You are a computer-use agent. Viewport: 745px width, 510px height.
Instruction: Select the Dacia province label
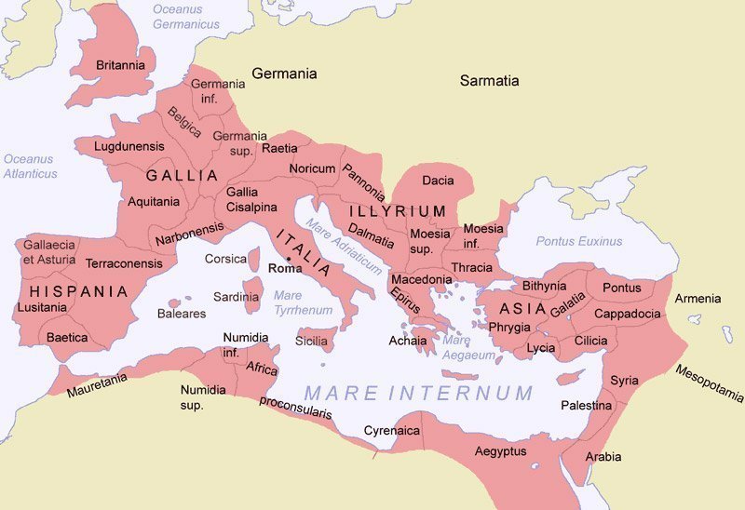click(x=438, y=180)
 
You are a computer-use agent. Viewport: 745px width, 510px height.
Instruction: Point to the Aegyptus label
click(x=500, y=451)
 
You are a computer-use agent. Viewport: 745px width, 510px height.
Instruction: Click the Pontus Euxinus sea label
click(x=578, y=241)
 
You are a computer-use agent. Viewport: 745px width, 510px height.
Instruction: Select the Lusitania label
click(x=42, y=307)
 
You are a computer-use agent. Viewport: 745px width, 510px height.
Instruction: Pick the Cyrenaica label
click(x=391, y=431)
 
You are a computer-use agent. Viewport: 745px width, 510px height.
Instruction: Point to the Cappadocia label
click(x=629, y=314)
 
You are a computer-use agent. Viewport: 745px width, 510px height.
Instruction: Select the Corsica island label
click(x=225, y=259)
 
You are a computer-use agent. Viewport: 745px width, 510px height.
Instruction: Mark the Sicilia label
click(x=311, y=341)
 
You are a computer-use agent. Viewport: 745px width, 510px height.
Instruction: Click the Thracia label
click(x=471, y=267)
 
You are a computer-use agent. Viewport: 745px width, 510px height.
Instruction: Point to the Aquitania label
click(x=154, y=201)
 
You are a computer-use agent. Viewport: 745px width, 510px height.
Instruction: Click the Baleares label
click(x=182, y=314)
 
